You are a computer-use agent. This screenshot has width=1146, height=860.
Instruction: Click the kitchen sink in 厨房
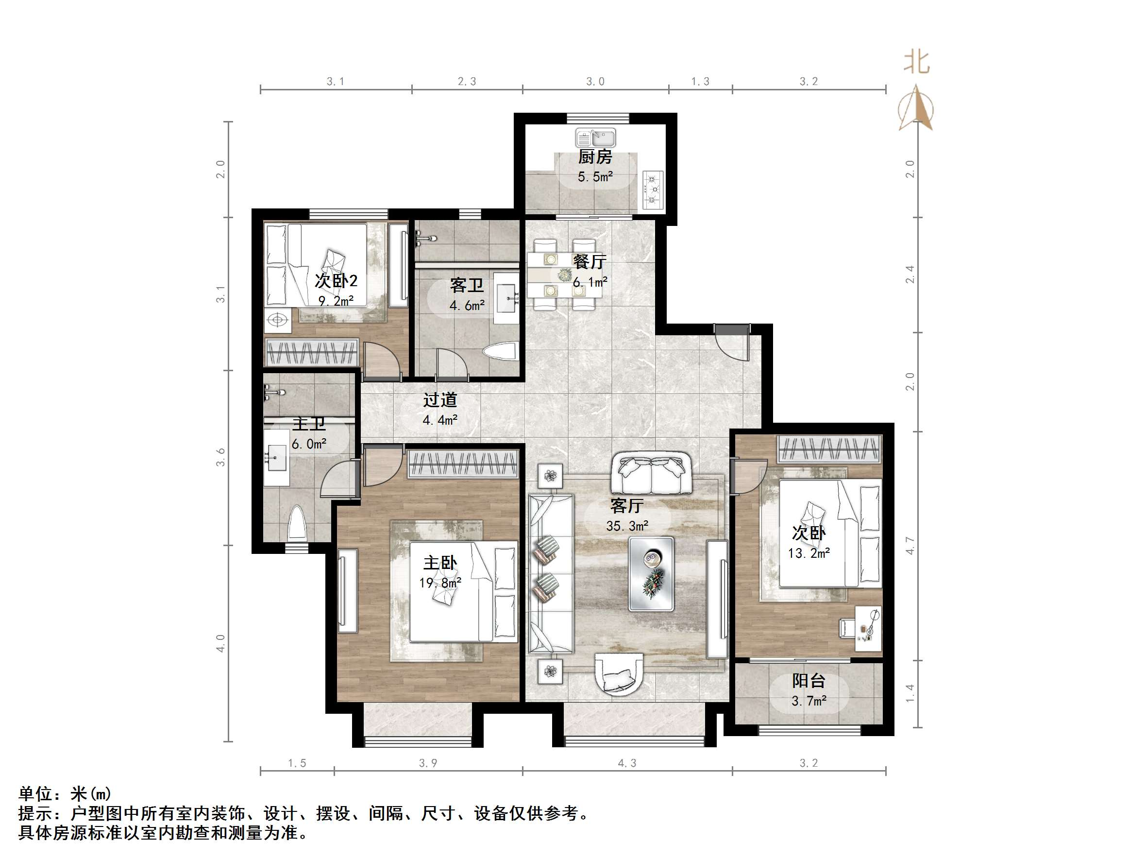(596, 138)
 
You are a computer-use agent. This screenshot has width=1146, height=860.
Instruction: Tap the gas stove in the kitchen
(653, 189)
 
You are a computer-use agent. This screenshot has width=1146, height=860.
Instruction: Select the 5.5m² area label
(595, 177)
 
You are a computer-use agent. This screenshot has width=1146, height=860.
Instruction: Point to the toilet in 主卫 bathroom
(297, 524)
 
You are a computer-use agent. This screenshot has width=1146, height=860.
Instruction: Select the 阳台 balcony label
(808, 681)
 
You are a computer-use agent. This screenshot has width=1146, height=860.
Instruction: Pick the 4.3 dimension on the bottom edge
(627, 763)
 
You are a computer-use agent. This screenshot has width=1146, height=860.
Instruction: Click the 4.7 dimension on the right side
(910, 546)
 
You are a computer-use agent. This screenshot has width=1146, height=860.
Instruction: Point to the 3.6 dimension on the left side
(221, 457)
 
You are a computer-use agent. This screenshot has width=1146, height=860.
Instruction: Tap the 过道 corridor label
(440, 400)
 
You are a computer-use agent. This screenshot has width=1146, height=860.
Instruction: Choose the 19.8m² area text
(440, 583)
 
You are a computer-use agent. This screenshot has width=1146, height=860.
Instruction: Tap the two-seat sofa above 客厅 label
(651, 473)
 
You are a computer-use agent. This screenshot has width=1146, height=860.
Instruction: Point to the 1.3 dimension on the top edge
(700, 82)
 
